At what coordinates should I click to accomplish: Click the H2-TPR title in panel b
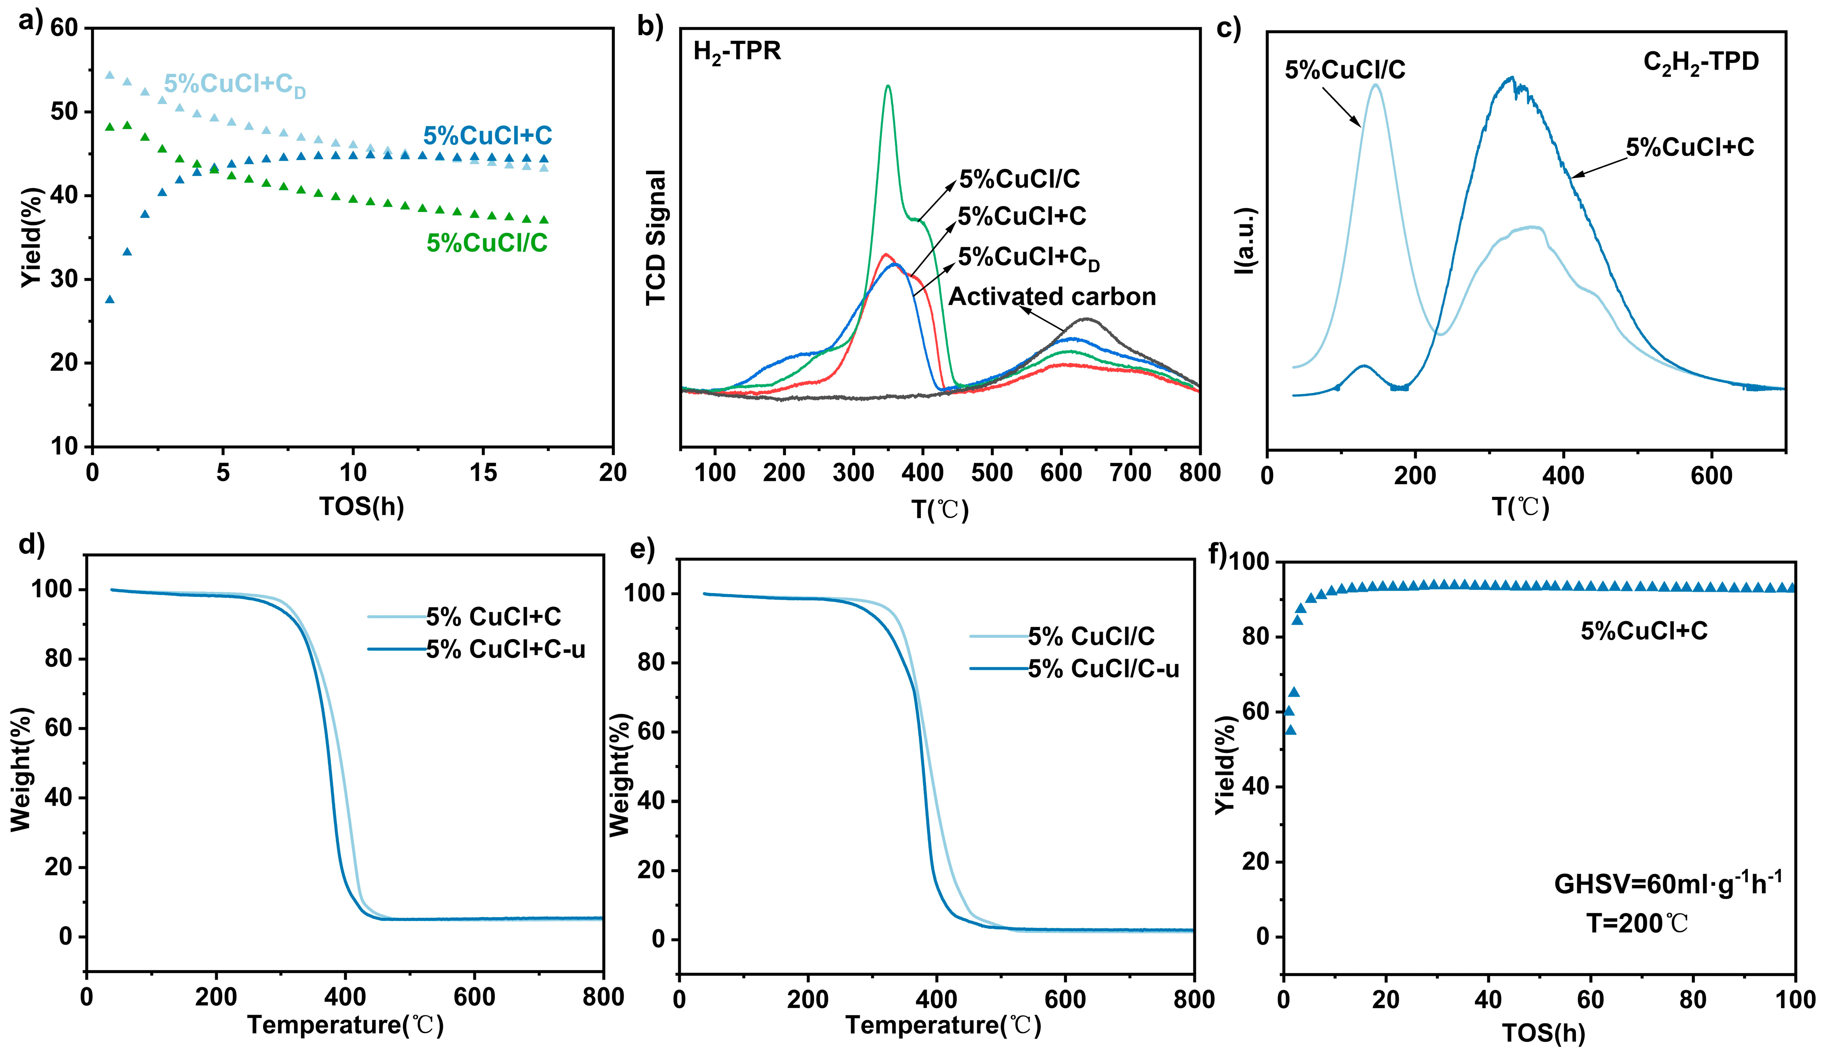737,53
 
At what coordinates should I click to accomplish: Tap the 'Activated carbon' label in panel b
1052,297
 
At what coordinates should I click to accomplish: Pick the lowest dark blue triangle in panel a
110,299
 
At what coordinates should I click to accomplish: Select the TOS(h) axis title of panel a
362,507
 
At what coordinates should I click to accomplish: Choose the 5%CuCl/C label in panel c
1345,70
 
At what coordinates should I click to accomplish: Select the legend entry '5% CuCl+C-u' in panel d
505,650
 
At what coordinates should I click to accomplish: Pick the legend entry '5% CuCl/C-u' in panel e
1103,669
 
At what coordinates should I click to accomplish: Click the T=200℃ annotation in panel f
1637,923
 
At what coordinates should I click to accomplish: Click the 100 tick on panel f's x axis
1794,1000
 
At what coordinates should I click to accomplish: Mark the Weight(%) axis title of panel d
22,769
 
